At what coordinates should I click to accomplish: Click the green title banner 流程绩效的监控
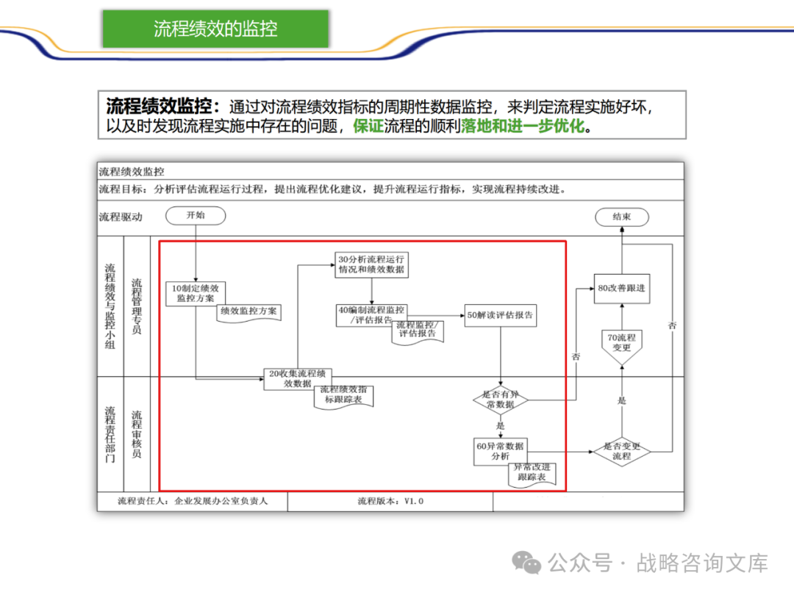tap(215, 29)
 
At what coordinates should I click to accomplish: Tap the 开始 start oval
tap(196, 215)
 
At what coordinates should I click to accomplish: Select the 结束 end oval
tap(621, 217)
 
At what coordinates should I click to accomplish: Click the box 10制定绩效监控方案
tap(195, 293)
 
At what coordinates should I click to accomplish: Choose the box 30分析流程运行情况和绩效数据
tap(371, 264)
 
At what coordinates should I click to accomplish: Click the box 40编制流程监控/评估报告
tap(371, 315)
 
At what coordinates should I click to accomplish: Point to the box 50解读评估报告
tap(501, 315)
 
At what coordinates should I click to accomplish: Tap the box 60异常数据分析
tap(501, 451)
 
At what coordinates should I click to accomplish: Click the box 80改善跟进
tap(621, 288)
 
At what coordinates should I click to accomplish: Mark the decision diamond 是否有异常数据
tap(501, 400)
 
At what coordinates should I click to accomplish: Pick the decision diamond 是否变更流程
tap(622, 451)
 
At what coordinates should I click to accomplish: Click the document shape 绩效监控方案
tap(248, 311)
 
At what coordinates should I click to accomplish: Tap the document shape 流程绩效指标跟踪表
tap(343, 394)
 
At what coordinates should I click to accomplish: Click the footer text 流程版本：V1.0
tap(390, 501)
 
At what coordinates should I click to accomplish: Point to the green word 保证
tap(368, 126)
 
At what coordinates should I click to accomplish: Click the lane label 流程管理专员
tap(137, 306)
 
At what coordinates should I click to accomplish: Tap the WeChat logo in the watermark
tap(527, 563)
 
